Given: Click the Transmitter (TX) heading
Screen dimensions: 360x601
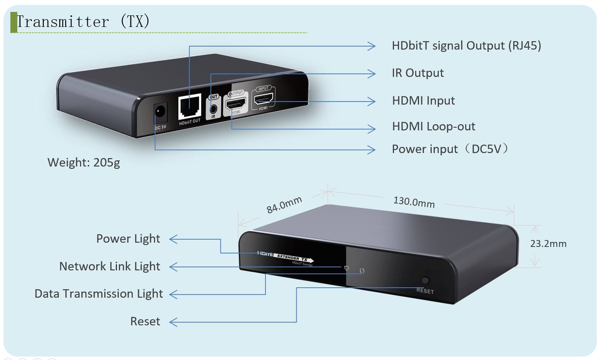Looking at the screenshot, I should click(83, 22).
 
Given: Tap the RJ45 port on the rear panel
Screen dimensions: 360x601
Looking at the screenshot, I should click(190, 107).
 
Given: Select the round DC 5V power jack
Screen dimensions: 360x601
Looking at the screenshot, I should click(160, 112).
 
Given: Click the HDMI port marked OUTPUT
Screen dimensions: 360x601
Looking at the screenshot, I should click(235, 103).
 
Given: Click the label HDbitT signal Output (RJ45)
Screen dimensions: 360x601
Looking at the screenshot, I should click(466, 46).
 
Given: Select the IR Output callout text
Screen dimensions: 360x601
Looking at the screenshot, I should click(418, 73).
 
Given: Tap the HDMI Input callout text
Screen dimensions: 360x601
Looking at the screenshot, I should click(423, 101).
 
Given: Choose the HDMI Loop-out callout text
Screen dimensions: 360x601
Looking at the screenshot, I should click(434, 127).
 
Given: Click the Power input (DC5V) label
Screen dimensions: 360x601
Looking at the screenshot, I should click(450, 149).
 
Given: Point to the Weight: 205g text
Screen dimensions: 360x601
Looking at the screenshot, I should click(83, 162).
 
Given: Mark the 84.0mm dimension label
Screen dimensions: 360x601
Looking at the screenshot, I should click(284, 205).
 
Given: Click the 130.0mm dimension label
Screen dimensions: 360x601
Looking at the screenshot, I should click(414, 202).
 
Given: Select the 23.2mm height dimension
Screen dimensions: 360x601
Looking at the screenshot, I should click(548, 243).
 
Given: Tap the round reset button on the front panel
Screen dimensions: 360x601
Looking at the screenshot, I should click(425, 280).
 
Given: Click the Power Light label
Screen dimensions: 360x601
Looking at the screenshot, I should click(128, 239).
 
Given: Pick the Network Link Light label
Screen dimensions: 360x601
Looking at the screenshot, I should click(110, 266).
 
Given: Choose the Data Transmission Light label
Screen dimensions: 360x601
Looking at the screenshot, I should click(99, 294).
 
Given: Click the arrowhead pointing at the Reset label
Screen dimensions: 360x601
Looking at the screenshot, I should click(173, 322).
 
